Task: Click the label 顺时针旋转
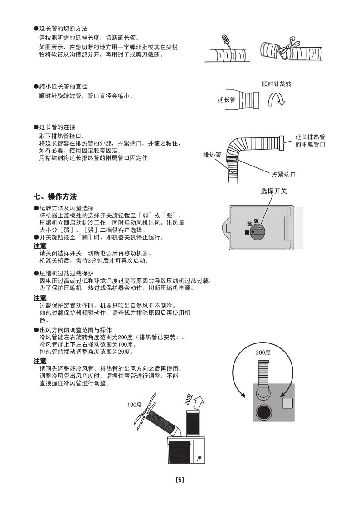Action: (277, 84)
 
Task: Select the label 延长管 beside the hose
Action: (226, 100)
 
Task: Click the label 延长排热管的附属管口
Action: (310, 140)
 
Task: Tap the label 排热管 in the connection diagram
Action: (212, 155)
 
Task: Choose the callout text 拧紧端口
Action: (284, 174)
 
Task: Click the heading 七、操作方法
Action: (55, 196)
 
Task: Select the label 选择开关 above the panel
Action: (274, 191)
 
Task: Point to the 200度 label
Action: (263, 352)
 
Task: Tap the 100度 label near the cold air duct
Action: (135, 404)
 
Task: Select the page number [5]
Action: (180, 480)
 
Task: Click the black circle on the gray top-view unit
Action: (264, 412)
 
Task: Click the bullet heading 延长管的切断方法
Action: (63, 29)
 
